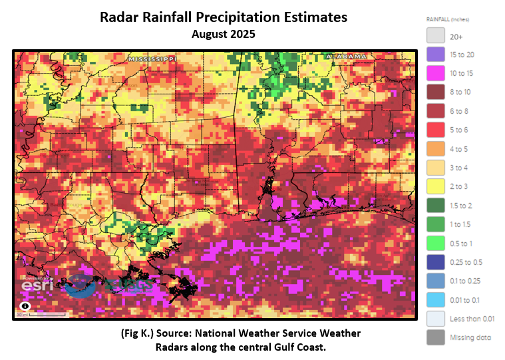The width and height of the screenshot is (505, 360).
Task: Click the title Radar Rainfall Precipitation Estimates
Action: (x=224, y=17)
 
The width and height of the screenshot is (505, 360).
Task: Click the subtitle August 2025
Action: (x=224, y=33)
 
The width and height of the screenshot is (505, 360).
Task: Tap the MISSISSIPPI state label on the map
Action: (x=152, y=59)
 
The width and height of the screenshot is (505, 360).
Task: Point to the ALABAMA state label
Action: (x=346, y=57)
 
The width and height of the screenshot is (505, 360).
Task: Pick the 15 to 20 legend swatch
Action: (x=435, y=55)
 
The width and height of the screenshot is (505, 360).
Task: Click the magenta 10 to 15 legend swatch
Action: (x=435, y=72)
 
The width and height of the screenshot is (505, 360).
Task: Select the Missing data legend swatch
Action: (x=435, y=337)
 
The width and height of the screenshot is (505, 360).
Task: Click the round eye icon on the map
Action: (x=25, y=306)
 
